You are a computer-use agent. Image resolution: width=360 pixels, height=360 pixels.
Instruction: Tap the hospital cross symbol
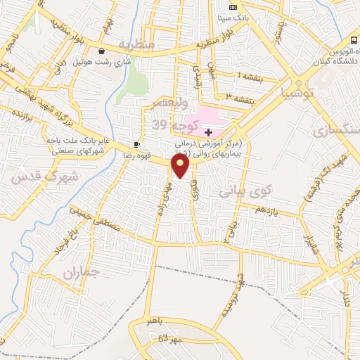(208, 131)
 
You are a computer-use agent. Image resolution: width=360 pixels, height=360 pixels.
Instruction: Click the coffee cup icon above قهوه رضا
(137, 143)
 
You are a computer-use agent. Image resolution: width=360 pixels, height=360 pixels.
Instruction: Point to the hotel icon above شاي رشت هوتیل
(103, 51)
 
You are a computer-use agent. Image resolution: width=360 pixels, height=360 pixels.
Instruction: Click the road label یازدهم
(268, 211)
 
